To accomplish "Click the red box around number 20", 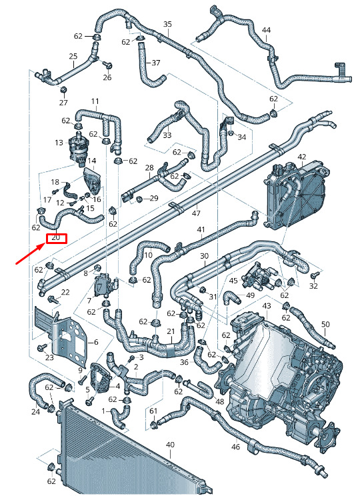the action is coord(57,239).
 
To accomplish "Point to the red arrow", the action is coord(31,254).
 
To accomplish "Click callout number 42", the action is coord(302,157).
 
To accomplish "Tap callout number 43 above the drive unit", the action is coord(267,306).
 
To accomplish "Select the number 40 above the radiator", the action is coord(170,445).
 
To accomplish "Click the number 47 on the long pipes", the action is coord(196,213).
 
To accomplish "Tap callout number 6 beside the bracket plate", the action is coord(96,342).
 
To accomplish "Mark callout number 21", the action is coord(171,331).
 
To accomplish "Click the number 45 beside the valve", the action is coord(233,281).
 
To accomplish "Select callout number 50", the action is coord(325,324).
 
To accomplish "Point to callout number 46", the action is coord(235,447).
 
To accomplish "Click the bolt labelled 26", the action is coord(109,66).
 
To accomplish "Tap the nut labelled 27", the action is coord(63,90).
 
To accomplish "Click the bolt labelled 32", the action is coord(315,275).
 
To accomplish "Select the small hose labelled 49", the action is coord(232,298).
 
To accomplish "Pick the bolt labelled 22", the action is coord(53,299).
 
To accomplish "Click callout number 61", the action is coord(153,411).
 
